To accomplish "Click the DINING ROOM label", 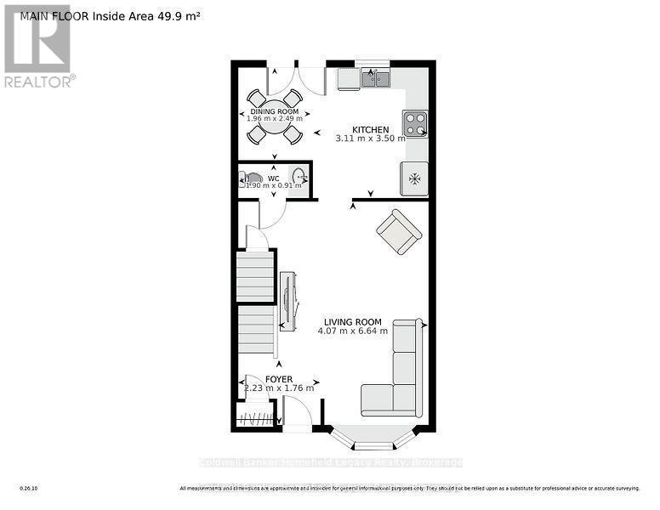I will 274,111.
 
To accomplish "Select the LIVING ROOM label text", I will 352,322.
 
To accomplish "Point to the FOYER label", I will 279,379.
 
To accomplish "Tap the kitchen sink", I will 374,79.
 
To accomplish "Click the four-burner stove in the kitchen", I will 415,124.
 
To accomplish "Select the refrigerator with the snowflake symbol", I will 415,178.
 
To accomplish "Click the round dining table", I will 274,116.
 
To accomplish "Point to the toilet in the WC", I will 251,180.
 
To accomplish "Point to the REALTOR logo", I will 37,46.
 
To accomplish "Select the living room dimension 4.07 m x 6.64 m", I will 352,331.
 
